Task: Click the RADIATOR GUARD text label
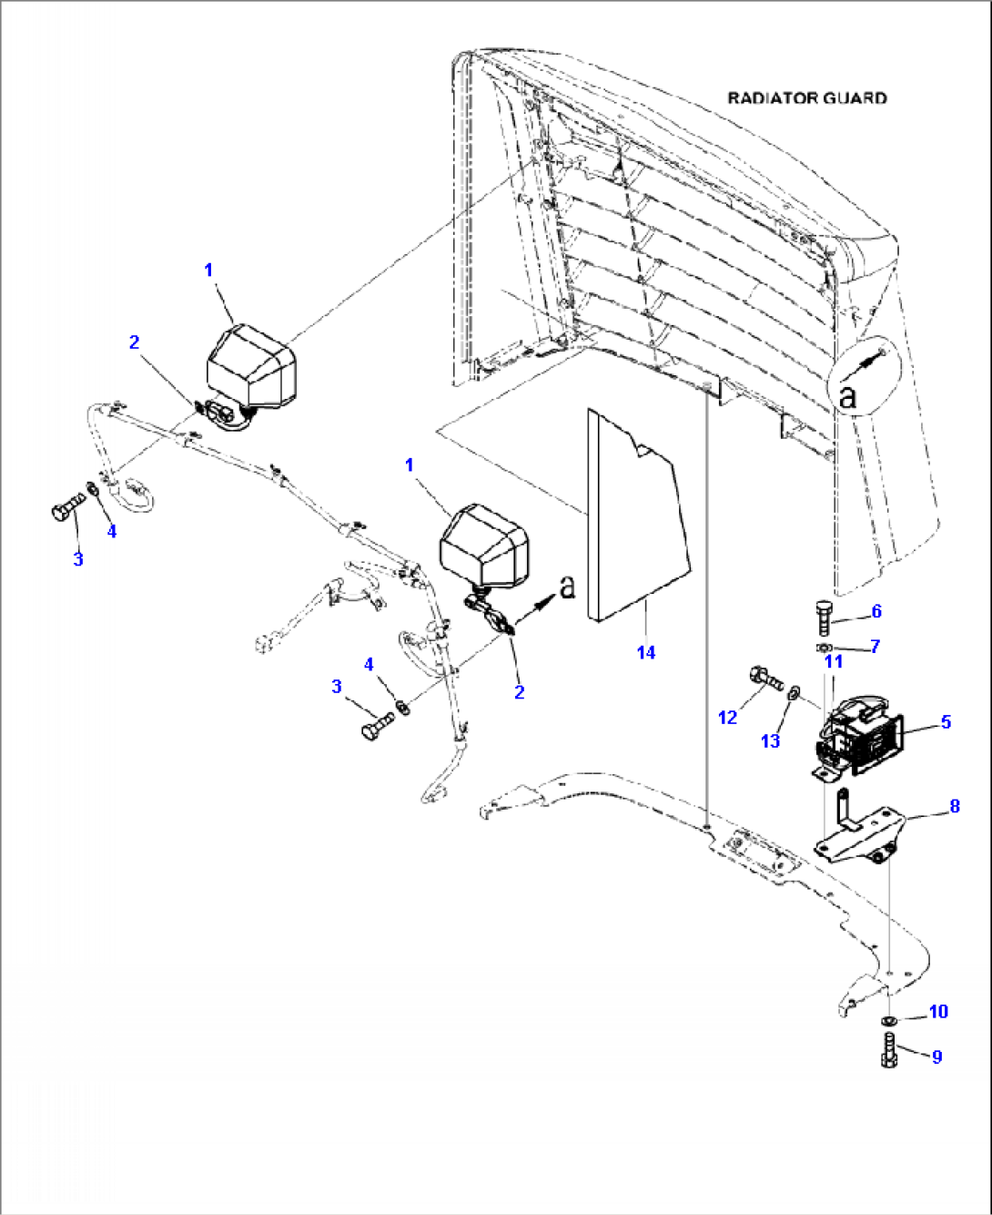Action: coord(806,97)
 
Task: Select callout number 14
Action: coord(646,652)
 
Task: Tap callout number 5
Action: coord(946,721)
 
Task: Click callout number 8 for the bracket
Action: coord(954,805)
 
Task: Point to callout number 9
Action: coord(936,1057)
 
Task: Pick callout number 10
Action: coord(937,1011)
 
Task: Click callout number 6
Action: coord(876,610)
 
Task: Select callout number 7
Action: coord(875,646)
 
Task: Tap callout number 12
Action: coord(727,718)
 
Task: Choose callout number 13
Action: coord(770,740)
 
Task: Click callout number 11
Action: coord(833,661)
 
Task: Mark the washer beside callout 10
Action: coord(888,1018)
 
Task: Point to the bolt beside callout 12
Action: coord(765,678)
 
